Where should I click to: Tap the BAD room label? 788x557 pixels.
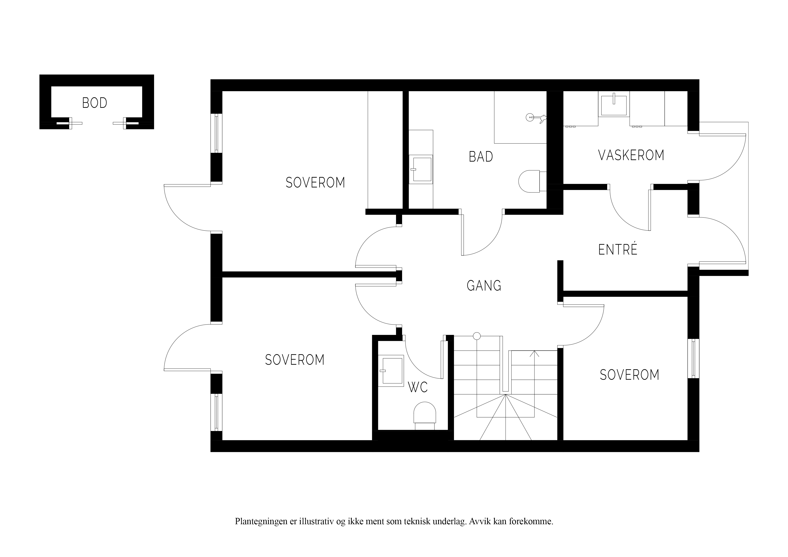coord(481,157)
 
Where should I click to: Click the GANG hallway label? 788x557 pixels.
coord(484,285)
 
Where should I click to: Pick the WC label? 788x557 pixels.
coord(418,387)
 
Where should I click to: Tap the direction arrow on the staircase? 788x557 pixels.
coord(534,354)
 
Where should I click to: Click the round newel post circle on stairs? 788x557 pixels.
coord(477,336)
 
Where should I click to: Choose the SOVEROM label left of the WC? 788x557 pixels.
coord(295,360)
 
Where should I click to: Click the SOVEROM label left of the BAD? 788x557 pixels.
coord(315,183)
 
